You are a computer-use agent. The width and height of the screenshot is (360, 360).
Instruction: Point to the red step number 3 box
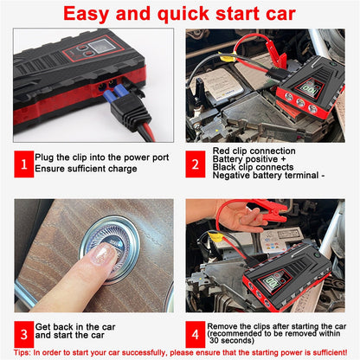click(25, 331)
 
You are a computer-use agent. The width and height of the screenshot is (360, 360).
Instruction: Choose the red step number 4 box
click(196, 331)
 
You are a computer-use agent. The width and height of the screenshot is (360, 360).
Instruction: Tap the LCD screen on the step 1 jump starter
click(88, 51)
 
